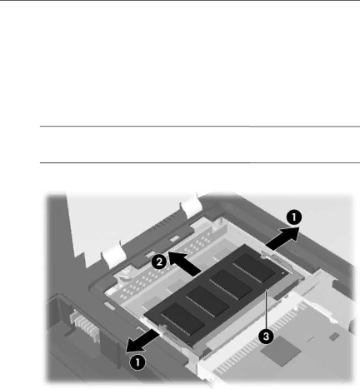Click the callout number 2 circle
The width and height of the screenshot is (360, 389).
(159, 262)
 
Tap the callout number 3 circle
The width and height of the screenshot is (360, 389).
(266, 337)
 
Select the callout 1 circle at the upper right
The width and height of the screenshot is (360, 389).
(294, 217)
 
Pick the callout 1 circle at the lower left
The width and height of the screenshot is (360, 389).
(137, 362)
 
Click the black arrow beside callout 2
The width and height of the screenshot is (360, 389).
(185, 263)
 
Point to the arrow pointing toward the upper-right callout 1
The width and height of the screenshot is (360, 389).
(282, 238)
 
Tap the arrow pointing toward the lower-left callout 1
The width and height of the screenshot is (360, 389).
(142, 342)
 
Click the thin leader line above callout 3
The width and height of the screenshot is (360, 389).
(266, 309)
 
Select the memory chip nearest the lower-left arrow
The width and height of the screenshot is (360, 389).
(182, 318)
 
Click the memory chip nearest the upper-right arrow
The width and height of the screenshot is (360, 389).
(253, 268)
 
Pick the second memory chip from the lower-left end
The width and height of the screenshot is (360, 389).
(207, 302)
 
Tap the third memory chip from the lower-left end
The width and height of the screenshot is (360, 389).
(231, 285)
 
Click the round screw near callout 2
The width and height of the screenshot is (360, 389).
(124, 273)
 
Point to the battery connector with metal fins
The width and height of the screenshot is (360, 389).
(84, 324)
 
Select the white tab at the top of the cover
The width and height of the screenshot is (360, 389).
(191, 205)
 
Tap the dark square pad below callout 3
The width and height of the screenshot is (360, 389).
(281, 351)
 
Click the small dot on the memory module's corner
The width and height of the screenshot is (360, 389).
(282, 273)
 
